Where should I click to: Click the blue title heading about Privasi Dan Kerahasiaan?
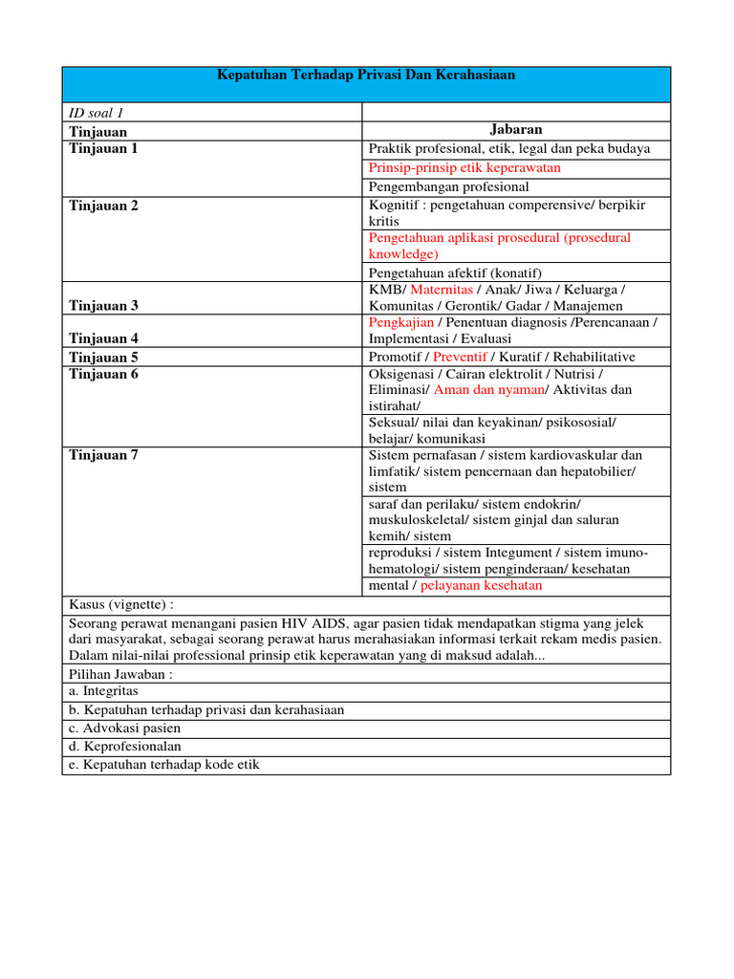[x=365, y=76]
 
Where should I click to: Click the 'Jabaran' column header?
[x=516, y=130]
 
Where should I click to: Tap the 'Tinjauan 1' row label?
[x=104, y=148]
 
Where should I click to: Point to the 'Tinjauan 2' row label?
[x=104, y=205]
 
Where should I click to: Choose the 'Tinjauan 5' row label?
[x=104, y=357]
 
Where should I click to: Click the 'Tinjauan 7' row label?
[x=104, y=455]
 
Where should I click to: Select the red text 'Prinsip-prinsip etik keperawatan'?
[x=464, y=167]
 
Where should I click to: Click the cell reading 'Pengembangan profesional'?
[x=448, y=186]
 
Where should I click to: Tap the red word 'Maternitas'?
[x=443, y=289]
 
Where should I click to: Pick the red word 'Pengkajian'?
[x=400, y=322]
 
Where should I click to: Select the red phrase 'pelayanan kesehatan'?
[x=481, y=585]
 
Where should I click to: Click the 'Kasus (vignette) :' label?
[x=122, y=604]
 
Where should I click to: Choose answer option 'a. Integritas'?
[x=104, y=690]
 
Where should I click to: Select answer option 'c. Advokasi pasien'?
[x=125, y=728]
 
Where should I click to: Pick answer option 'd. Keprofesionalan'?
[x=125, y=746]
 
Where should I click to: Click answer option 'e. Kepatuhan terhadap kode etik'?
[x=164, y=765]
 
